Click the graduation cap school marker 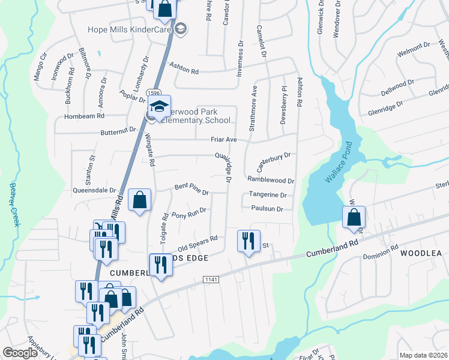[x=160, y=106]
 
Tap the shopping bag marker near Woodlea [x=354, y=217]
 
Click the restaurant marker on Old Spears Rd [x=248, y=241]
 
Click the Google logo [x=21, y=353]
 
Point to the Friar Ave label [x=224, y=140]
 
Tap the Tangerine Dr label [x=267, y=195]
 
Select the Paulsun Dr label [x=267, y=209]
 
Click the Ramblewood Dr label [x=271, y=180]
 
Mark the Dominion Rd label [x=381, y=251]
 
